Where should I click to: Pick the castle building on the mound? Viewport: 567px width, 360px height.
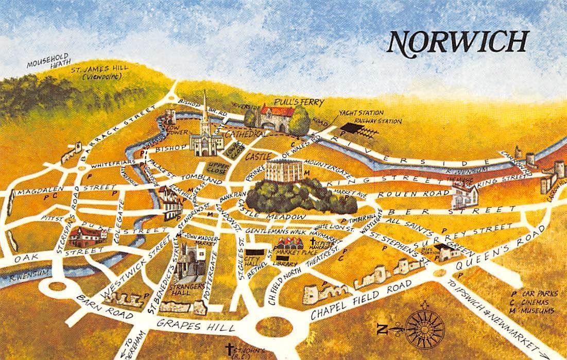(286, 172)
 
